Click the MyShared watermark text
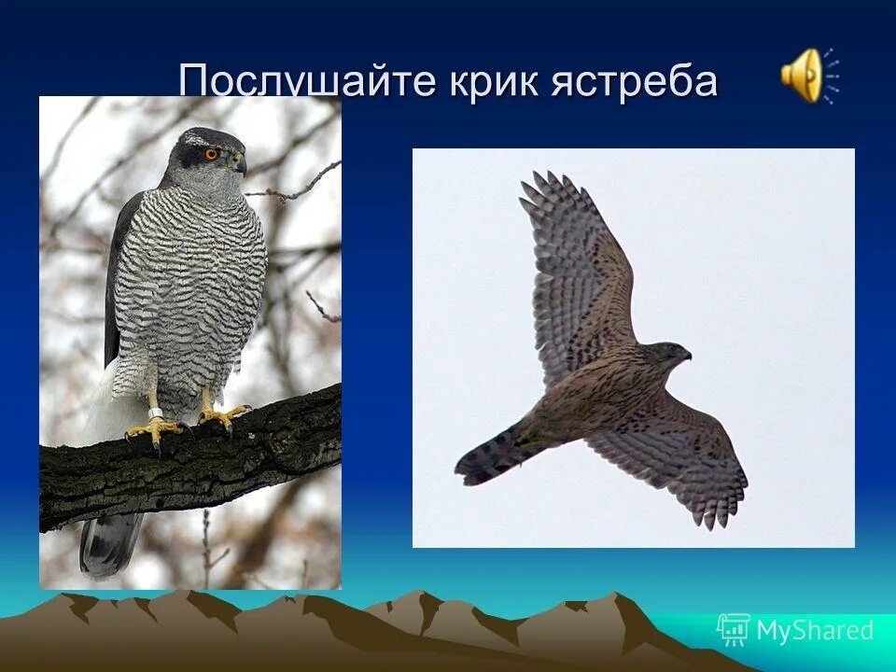[815, 630]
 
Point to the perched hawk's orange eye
[212, 153]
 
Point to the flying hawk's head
[670, 354]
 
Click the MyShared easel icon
[733, 630]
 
